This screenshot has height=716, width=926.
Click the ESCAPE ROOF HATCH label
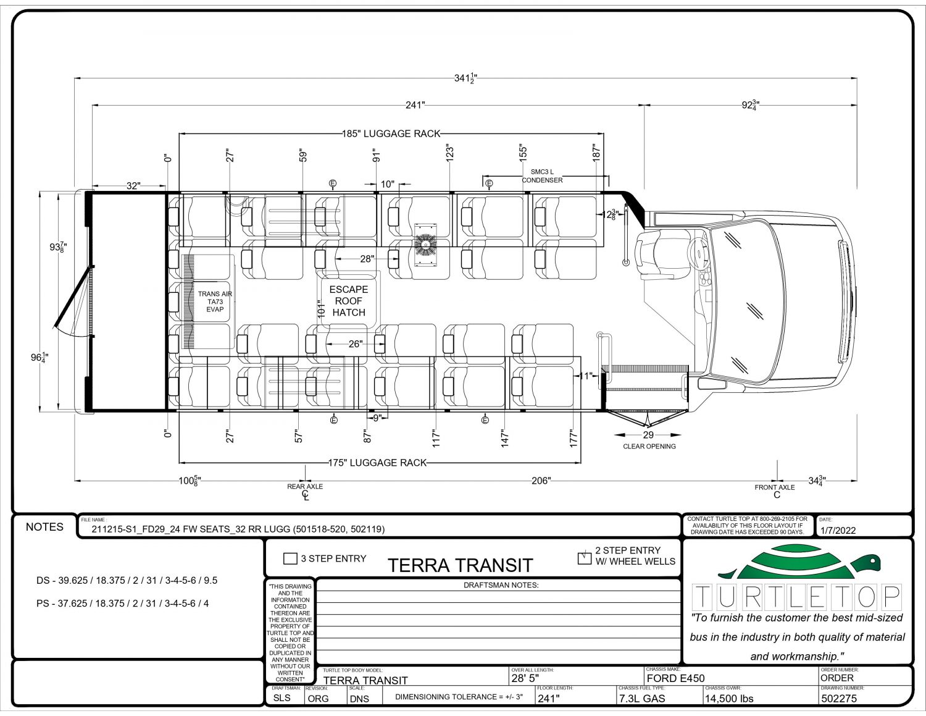349,301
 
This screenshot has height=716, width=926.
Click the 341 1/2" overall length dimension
465,78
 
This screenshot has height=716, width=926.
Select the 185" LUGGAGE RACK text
391,133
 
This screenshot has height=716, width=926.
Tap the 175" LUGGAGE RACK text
377,463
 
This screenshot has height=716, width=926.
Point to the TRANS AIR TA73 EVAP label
215,302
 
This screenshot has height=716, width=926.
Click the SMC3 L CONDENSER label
542,176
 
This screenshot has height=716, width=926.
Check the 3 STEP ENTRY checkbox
290,558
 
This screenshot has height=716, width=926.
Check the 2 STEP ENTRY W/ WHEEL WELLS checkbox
584,558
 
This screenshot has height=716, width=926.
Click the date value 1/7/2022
838,531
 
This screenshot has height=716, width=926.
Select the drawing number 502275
838,699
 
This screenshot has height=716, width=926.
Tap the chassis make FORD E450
675,678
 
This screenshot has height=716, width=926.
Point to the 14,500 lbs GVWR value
729,699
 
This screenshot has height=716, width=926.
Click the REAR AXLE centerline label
305,487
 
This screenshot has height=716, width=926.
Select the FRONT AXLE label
775,487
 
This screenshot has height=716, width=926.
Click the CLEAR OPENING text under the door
649,446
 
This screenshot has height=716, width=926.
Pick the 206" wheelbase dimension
541,481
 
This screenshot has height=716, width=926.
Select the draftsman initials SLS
282,699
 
